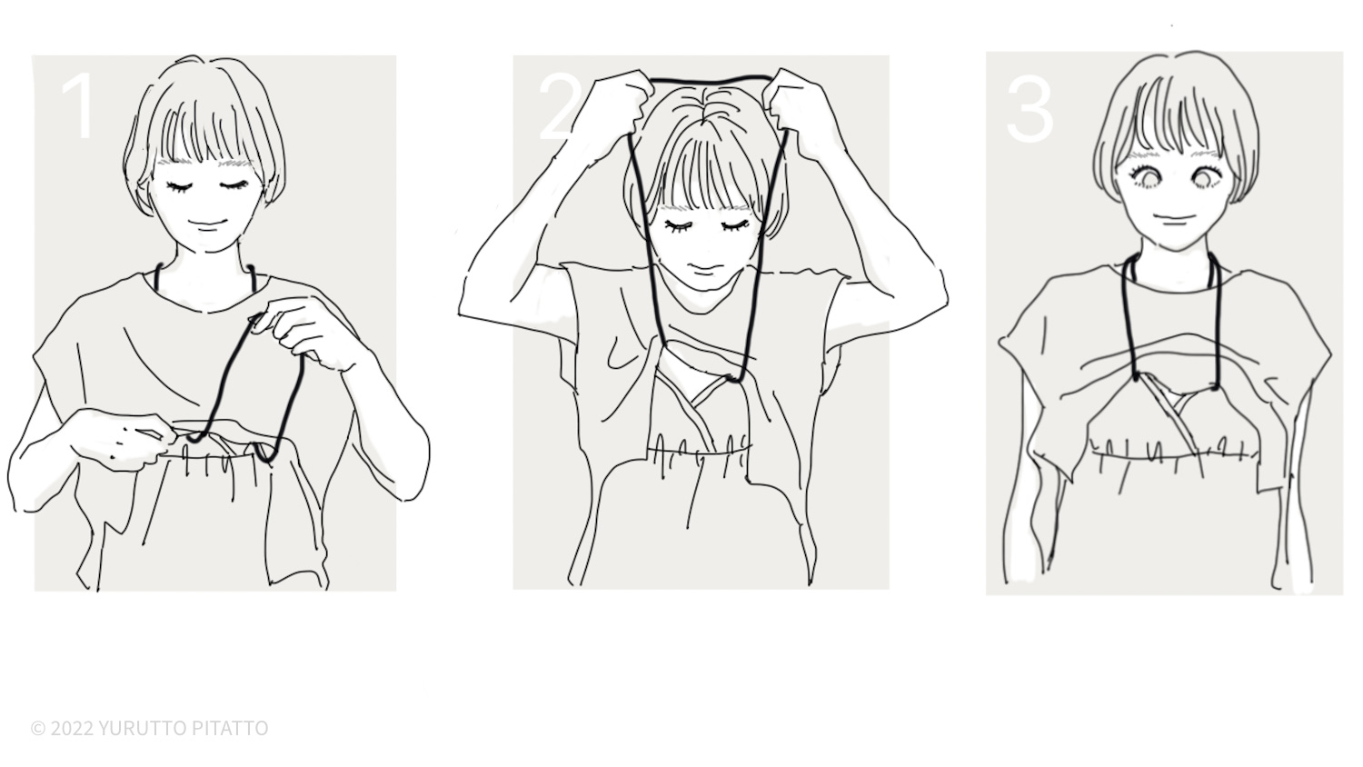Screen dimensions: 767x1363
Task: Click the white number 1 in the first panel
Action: tap(79, 106)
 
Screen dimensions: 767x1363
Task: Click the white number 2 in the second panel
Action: tap(558, 108)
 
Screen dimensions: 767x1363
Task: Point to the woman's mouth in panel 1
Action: tap(207, 224)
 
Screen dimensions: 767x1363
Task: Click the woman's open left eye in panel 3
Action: tap(1209, 176)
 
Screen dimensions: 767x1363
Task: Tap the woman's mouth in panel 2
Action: tap(702, 268)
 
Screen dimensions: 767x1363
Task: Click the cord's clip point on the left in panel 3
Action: tap(1136, 375)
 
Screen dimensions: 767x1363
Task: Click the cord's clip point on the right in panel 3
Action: tap(1214, 384)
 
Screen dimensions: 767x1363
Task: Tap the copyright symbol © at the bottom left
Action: tap(38, 729)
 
